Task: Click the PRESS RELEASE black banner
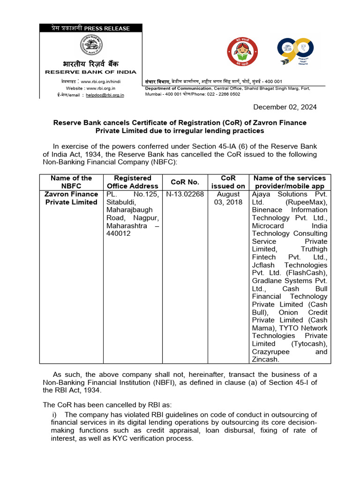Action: coord(91,28)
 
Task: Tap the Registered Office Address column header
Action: coord(133,182)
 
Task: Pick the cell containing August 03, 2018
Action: coord(228,198)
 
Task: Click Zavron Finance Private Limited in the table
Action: coord(71,198)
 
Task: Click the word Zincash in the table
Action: coord(265,360)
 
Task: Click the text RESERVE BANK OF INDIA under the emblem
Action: coord(91,72)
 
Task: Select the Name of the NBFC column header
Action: coord(71,182)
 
